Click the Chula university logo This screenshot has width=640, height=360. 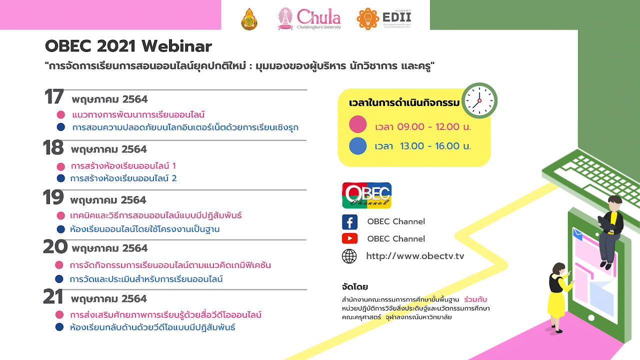(309, 18)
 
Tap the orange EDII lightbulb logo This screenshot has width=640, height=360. (367, 18)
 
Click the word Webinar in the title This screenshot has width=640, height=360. (177, 46)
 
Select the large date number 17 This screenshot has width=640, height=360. (54, 96)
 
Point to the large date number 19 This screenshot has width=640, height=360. (53, 197)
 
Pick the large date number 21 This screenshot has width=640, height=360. (53, 296)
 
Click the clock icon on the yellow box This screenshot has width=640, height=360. (479, 100)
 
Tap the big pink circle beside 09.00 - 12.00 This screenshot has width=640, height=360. (357, 124)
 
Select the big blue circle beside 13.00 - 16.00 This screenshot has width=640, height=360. (357, 146)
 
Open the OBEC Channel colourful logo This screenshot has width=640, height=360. (366, 195)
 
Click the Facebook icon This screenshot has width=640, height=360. (349, 222)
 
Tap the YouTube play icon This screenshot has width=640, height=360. (349, 238)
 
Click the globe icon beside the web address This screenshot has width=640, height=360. (349, 256)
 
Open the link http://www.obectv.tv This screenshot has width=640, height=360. (415, 256)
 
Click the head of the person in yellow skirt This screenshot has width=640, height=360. (559, 269)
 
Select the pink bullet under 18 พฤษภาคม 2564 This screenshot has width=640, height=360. (61, 166)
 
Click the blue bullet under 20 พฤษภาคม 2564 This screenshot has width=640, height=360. (59, 279)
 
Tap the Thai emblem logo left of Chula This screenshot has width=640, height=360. (249, 19)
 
